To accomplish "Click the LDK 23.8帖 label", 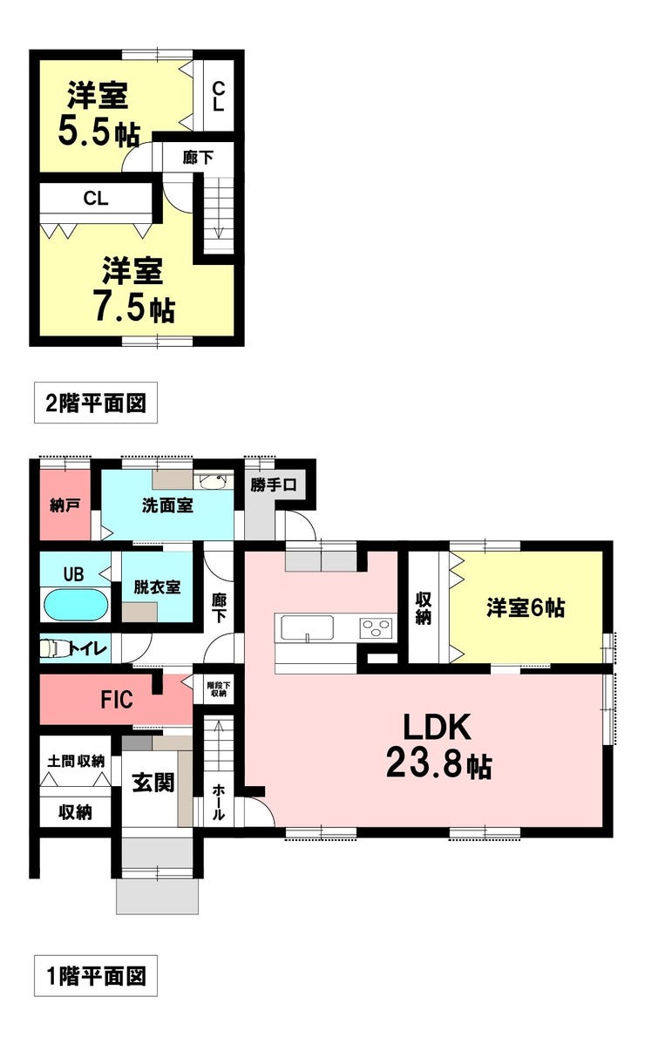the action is tap(438, 745).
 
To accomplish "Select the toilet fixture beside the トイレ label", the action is tap(52, 647).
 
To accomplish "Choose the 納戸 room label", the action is tap(65, 505).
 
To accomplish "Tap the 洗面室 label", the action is tap(167, 505).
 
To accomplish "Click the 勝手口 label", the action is tap(273, 485).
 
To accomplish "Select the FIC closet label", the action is tap(117, 699).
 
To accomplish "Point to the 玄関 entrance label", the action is tap(153, 783).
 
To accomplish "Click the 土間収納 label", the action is tap(76, 761).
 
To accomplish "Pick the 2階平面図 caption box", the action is tap(96, 403).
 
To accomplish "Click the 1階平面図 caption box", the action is tap(96, 976).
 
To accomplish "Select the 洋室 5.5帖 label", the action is tap(98, 113).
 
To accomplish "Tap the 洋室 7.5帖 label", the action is tap(133, 289).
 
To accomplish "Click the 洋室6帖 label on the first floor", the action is tap(526, 608).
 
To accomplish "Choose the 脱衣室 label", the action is tap(157, 586).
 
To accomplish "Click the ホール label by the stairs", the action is tap(218, 802).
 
